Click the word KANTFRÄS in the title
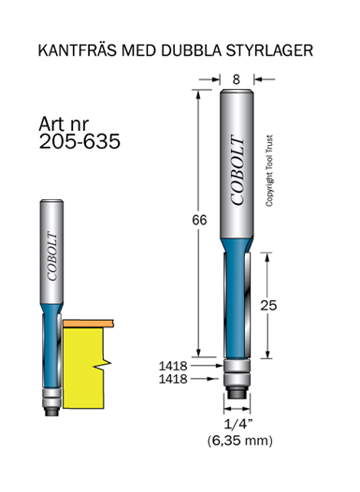click(77, 51)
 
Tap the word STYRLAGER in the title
click(269, 51)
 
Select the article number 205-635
click(79, 141)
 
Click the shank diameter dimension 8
click(237, 80)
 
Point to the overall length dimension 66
click(199, 220)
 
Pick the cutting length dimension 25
click(268, 305)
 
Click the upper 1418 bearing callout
click(173, 366)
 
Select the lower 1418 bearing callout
click(173, 379)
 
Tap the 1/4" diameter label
click(238, 425)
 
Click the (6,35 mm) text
click(240, 441)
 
